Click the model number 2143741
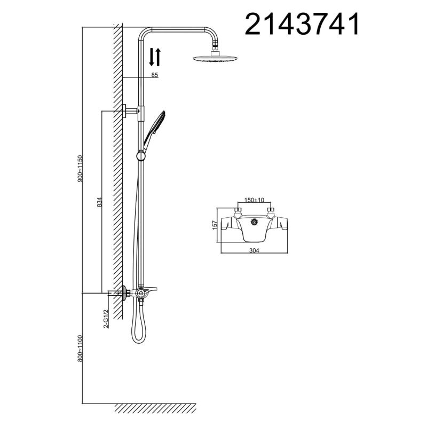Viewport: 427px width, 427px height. point(302,24)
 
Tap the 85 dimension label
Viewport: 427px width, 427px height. point(155,75)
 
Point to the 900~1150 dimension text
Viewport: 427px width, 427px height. point(81,169)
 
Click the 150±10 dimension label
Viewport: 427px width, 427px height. point(254,200)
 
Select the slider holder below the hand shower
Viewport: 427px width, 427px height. point(141,156)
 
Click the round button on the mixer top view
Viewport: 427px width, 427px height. point(255,221)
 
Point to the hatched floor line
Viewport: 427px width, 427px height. point(155,407)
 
